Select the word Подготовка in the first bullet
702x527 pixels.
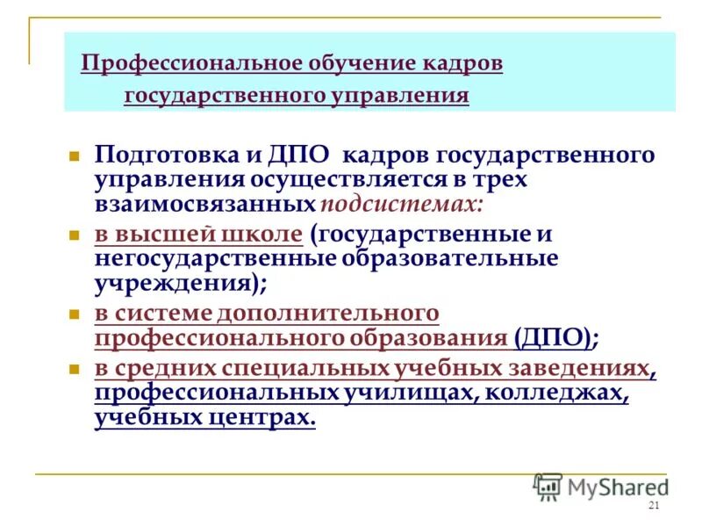(164, 155)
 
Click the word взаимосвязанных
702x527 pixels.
(204, 204)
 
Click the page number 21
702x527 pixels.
(652, 506)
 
